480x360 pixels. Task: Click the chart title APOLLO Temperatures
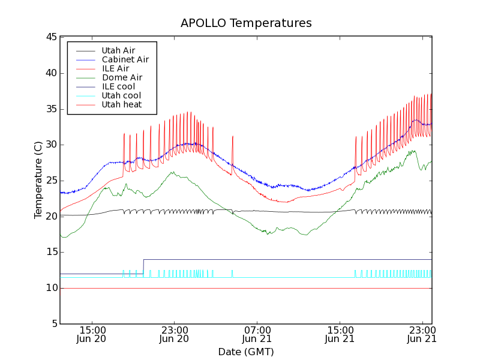(246, 23)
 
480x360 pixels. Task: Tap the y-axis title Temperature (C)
(38, 180)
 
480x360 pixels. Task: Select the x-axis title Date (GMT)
(246, 352)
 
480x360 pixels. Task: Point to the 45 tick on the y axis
(51, 37)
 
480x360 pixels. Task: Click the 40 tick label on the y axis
(51, 73)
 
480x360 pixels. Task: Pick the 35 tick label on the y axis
(51, 109)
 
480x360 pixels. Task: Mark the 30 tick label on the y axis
(51, 145)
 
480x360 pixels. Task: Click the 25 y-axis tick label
(51, 181)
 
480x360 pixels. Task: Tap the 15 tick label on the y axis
(51, 252)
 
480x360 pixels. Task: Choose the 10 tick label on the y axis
(51, 288)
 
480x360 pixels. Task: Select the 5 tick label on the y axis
(54, 324)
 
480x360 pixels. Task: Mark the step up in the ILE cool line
(143, 266)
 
